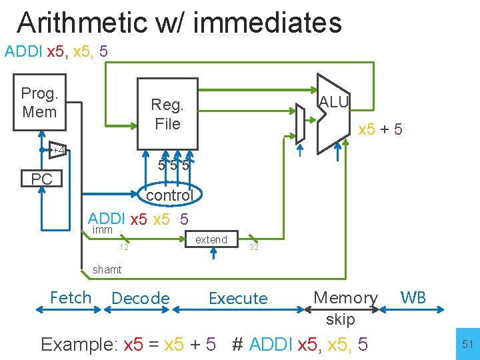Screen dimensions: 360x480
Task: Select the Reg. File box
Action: tap(167, 113)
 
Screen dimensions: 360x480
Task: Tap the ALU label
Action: tap(334, 101)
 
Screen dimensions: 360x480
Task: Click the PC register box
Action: tap(41, 179)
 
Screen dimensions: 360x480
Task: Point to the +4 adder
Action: tap(59, 150)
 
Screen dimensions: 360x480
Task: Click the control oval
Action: tap(169, 195)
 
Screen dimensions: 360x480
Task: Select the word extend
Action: tap(211, 239)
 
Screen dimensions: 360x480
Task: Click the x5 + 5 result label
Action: tap(380, 129)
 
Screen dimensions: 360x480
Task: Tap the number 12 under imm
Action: tap(123, 247)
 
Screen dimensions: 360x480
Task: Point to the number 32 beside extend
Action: tap(253, 247)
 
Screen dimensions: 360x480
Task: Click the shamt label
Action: tap(107, 269)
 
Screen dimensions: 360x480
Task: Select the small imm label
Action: tap(103, 229)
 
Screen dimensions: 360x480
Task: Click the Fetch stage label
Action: tap(71, 297)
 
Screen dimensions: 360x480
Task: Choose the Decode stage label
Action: tap(141, 298)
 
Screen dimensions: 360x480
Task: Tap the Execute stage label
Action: tap(238, 298)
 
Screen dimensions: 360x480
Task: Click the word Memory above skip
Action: tap(345, 297)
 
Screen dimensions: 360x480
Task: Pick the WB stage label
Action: tap(413, 297)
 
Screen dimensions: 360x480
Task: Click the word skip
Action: tap(340, 319)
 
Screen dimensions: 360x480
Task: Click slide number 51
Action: tap(466, 344)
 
